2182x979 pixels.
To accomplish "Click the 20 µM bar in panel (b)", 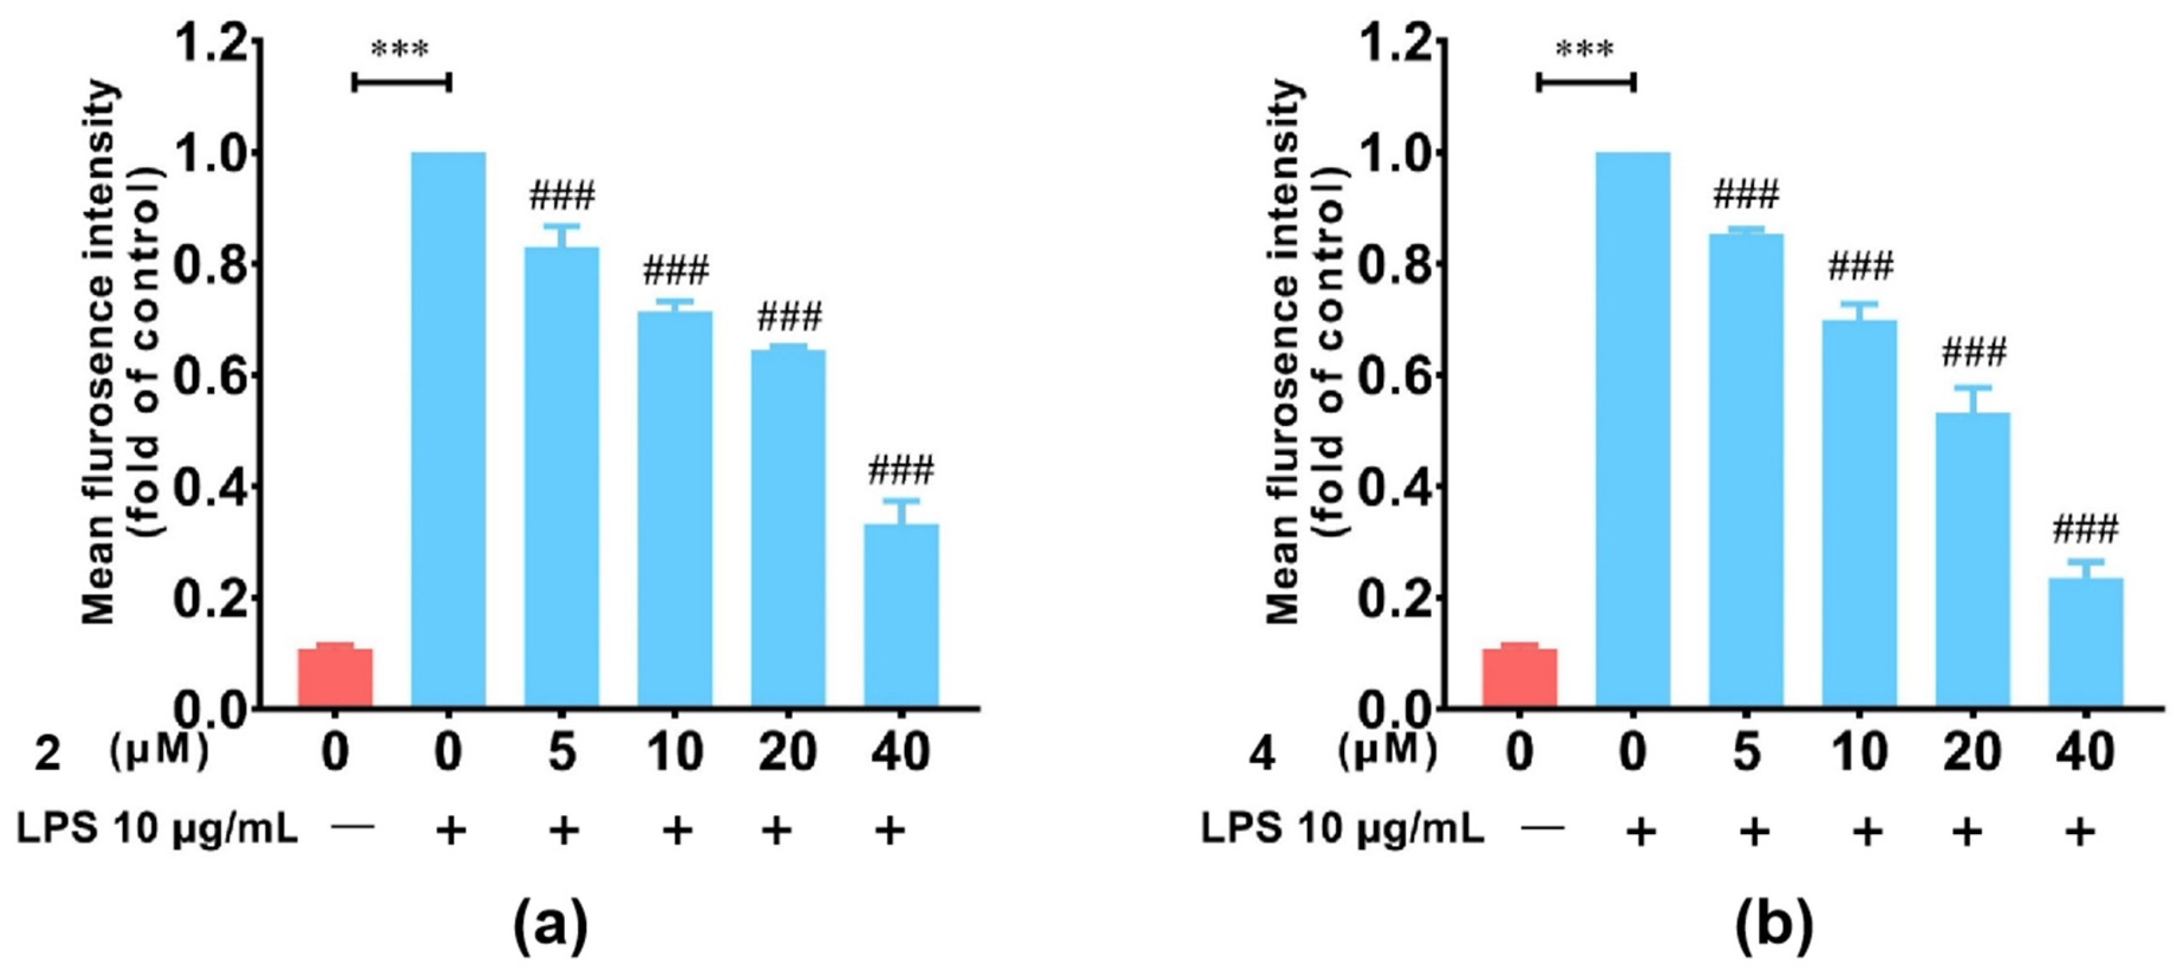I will (1973, 559).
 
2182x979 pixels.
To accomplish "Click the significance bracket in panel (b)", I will (1586, 82).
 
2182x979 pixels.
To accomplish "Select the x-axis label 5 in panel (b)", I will (1746, 751).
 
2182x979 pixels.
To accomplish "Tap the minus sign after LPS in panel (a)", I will (353, 827).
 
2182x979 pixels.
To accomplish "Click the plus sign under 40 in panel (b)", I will (2080, 832).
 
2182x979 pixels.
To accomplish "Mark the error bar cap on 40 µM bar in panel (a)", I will (901, 501).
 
